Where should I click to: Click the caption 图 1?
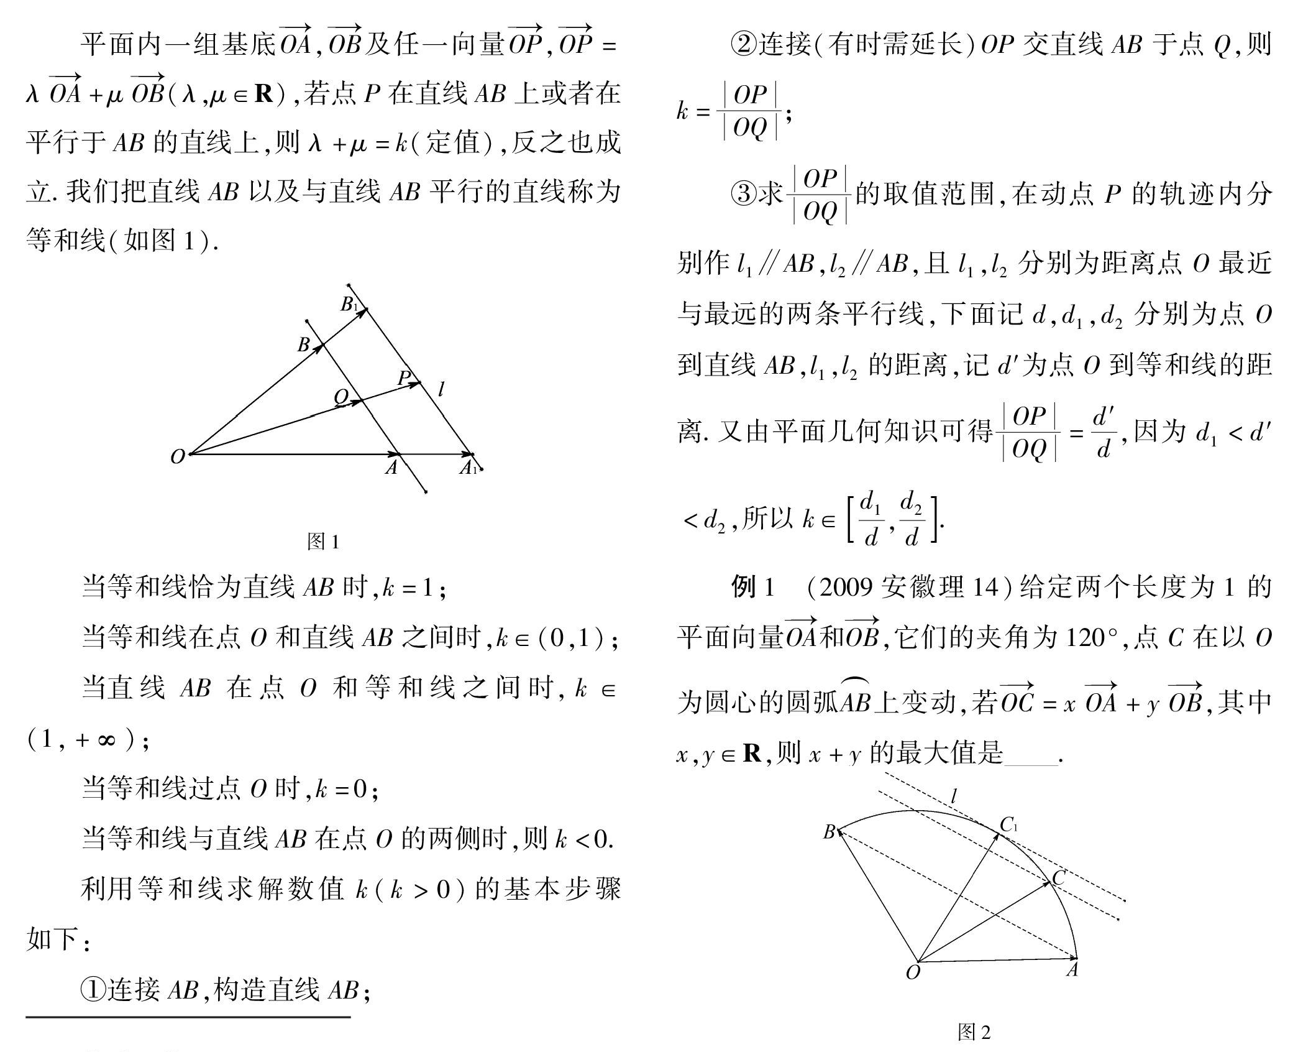coord(323,542)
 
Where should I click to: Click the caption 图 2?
coord(974,1032)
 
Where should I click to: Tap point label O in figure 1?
coord(177,457)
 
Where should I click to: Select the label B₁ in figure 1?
coord(349,304)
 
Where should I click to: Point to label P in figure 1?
coord(404,377)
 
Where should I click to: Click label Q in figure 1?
coord(341,396)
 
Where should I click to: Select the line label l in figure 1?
coord(441,390)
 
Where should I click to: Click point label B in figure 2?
coord(829,832)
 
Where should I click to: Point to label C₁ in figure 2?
coord(1008,824)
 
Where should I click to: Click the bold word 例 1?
coord(752,587)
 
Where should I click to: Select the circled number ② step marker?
coord(743,44)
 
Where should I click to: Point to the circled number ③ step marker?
coord(743,194)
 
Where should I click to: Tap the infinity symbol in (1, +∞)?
coord(106,740)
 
